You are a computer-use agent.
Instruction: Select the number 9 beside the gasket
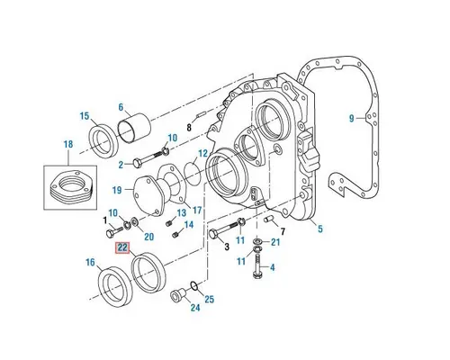(x=352, y=119)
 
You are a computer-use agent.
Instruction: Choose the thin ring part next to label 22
(x=146, y=271)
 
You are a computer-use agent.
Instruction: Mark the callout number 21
(x=276, y=243)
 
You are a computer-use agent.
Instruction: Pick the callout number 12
(x=203, y=154)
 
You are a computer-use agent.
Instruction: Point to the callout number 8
(x=189, y=129)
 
